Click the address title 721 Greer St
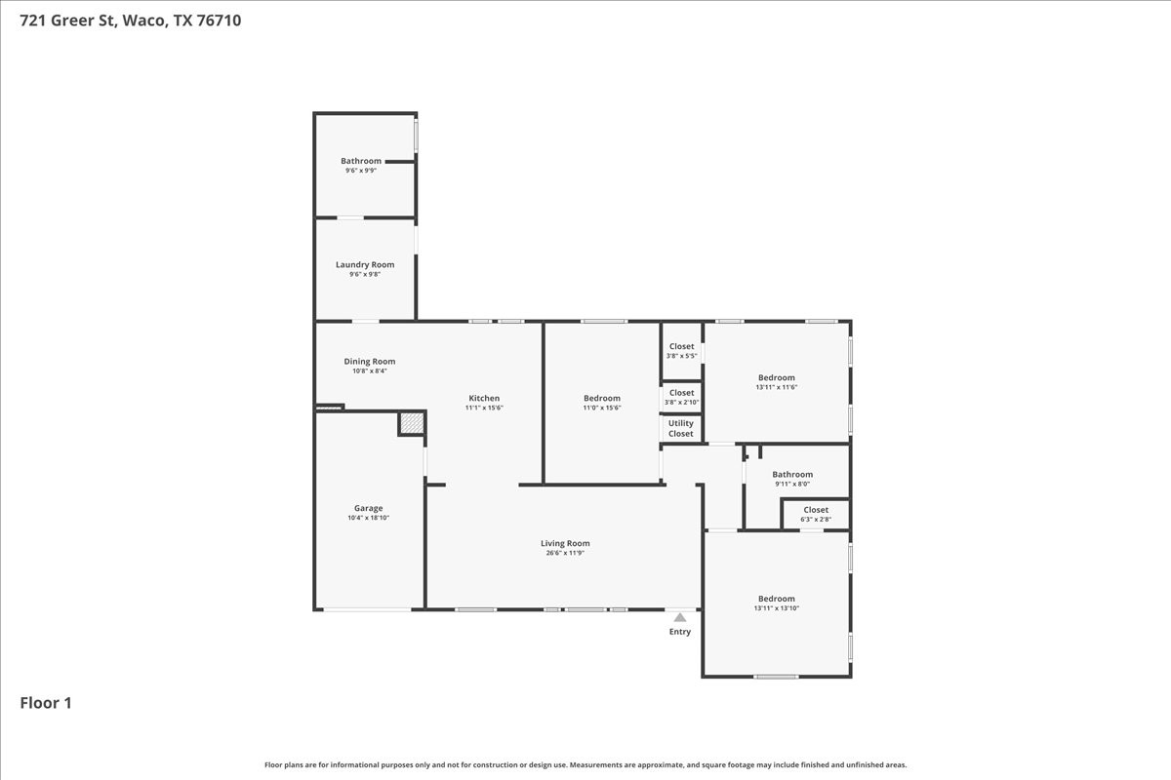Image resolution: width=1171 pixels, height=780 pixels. pyautogui.click(x=131, y=20)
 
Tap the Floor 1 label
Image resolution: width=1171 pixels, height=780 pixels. pyautogui.click(x=46, y=703)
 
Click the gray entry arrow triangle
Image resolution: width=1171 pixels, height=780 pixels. pyautogui.click(x=679, y=617)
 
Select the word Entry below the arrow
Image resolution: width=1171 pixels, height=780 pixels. pyautogui.click(x=679, y=632)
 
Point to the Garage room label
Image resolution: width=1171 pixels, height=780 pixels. pyautogui.click(x=369, y=508)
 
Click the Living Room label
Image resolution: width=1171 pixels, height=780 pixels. pyautogui.click(x=565, y=543)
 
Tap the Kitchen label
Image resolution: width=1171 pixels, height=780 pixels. pyautogui.click(x=484, y=398)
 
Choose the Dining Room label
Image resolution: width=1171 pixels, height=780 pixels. pyautogui.click(x=370, y=362)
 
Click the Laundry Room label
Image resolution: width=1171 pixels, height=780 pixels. pyautogui.click(x=365, y=265)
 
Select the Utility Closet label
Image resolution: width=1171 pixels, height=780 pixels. pyautogui.click(x=681, y=428)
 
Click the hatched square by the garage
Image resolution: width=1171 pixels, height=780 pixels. pyautogui.click(x=412, y=422)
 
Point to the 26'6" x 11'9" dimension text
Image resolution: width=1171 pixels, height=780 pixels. pyautogui.click(x=565, y=553)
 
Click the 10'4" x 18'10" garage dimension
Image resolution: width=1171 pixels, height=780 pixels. pyautogui.click(x=369, y=518)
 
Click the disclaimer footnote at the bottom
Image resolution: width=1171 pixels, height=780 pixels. pyautogui.click(x=585, y=764)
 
